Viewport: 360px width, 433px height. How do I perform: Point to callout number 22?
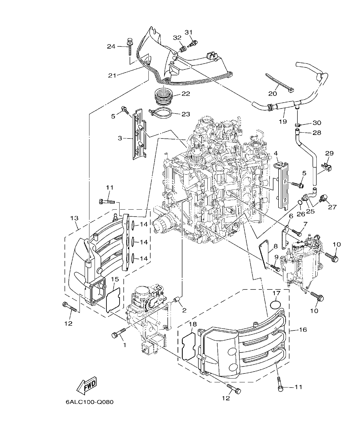[186, 94]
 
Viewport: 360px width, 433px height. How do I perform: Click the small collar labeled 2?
[176, 301]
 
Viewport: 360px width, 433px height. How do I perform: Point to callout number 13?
[74, 218]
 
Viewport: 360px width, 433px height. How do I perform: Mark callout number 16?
[303, 329]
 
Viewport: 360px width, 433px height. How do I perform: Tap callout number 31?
[189, 32]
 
